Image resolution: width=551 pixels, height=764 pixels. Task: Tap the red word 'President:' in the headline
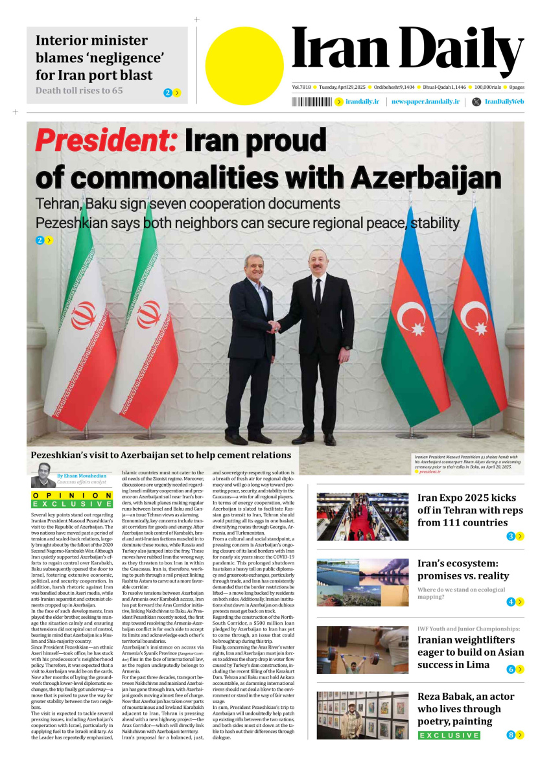(x=106, y=141)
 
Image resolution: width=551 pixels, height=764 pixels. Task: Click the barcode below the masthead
(x=311, y=102)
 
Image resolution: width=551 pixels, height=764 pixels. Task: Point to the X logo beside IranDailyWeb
(x=476, y=102)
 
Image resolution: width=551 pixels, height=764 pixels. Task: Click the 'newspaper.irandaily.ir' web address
(x=426, y=102)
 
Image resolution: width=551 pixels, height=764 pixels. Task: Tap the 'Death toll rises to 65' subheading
(x=79, y=91)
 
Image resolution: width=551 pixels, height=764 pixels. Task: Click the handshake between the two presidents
(x=275, y=327)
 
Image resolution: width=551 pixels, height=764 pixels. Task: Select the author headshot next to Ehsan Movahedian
(x=43, y=480)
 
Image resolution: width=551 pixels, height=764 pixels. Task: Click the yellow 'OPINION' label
(x=72, y=495)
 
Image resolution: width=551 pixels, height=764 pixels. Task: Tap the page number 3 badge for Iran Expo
(x=511, y=536)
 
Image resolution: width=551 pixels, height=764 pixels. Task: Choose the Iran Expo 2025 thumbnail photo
(x=362, y=517)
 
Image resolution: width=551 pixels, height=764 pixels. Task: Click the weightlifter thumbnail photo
(x=362, y=650)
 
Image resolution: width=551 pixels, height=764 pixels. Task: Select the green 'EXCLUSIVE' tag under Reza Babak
(x=449, y=735)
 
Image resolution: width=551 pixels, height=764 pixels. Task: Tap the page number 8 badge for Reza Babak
(x=511, y=735)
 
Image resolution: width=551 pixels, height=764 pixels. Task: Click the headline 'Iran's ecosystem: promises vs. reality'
(x=463, y=570)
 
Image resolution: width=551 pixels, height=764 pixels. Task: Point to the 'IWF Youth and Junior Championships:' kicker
(x=469, y=629)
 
